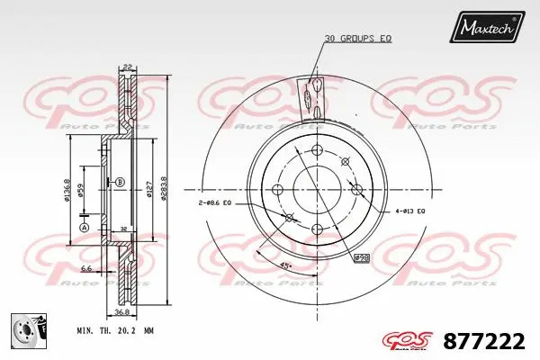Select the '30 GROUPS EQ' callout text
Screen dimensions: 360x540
(358, 38)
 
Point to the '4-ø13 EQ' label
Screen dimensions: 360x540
(409, 211)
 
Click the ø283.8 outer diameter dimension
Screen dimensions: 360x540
(163, 190)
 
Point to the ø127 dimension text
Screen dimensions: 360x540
(148, 190)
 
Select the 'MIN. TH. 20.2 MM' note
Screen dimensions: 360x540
(115, 330)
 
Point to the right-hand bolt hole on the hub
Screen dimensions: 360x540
(357, 190)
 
